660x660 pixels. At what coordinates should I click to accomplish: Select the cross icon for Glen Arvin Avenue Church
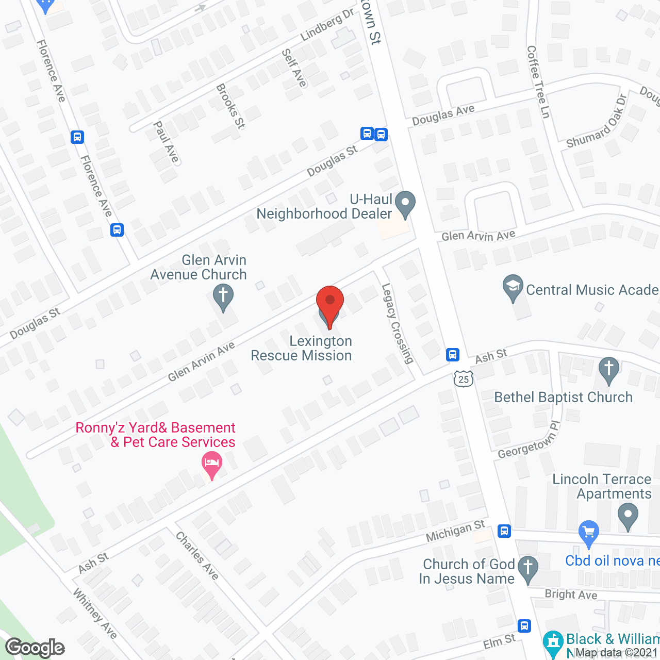tap(223, 297)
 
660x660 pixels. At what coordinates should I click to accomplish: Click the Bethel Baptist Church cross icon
tap(609, 370)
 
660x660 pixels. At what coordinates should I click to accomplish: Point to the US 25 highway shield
tap(464, 379)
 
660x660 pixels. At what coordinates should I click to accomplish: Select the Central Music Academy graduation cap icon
tap(513, 287)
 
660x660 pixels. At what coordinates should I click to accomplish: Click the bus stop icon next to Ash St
tap(453, 355)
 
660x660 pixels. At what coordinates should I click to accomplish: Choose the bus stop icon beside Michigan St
tap(504, 531)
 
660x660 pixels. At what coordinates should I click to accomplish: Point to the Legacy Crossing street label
tap(398, 323)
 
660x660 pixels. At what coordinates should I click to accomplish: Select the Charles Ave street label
tap(197, 555)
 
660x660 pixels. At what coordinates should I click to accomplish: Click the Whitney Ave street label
tap(95, 613)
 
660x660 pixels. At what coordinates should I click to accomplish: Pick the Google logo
tap(35, 648)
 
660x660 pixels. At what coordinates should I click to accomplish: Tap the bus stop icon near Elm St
tap(524, 626)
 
